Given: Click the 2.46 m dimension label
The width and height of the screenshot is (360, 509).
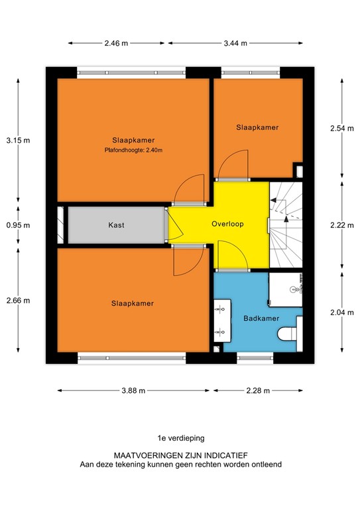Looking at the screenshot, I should coord(116,43).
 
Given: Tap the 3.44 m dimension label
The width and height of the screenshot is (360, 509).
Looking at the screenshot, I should coord(235,43).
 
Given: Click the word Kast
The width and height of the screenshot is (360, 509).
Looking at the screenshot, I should coord(117,225).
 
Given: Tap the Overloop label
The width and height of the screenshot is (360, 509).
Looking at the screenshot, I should coord(228,224).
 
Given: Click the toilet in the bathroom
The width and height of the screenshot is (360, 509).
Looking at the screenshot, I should coord(288,333).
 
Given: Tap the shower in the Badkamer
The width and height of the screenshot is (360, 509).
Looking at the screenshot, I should coord(286,286).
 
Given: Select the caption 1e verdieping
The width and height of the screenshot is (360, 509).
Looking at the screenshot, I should coord(180,437).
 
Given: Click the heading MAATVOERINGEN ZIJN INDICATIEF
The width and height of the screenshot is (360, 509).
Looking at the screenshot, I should coord(180,456).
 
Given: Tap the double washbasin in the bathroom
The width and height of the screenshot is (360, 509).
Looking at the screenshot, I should coord(221,319).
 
